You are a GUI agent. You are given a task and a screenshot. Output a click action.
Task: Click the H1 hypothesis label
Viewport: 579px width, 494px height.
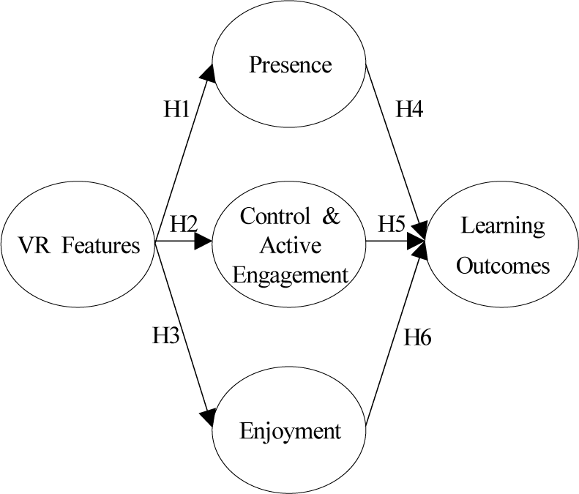[177, 110]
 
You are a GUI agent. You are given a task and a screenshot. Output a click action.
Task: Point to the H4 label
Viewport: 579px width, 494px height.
[410, 110]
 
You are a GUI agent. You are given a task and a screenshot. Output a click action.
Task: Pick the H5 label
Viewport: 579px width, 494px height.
[392, 224]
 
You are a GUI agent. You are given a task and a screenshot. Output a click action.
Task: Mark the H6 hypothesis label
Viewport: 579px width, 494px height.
[418, 337]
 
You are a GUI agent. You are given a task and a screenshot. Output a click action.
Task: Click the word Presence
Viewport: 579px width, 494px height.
[290, 65]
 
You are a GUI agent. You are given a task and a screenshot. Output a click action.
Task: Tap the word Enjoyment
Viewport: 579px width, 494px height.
[291, 431]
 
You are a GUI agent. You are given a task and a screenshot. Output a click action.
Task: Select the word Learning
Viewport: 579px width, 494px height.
[502, 225]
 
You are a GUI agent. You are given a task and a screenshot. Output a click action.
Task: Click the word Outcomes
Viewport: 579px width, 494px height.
[503, 265]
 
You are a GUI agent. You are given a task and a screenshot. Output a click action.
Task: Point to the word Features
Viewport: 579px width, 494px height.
[100, 245]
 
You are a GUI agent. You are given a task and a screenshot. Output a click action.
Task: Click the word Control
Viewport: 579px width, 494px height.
[272, 217]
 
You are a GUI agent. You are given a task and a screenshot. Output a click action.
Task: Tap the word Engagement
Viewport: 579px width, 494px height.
[291, 274]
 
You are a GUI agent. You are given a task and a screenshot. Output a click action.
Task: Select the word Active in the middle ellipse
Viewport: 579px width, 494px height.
[291, 246]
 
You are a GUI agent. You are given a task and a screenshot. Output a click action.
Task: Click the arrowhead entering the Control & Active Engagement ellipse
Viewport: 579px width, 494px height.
[204, 242]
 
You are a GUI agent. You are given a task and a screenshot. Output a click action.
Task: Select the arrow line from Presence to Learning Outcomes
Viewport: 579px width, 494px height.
[392, 146]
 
